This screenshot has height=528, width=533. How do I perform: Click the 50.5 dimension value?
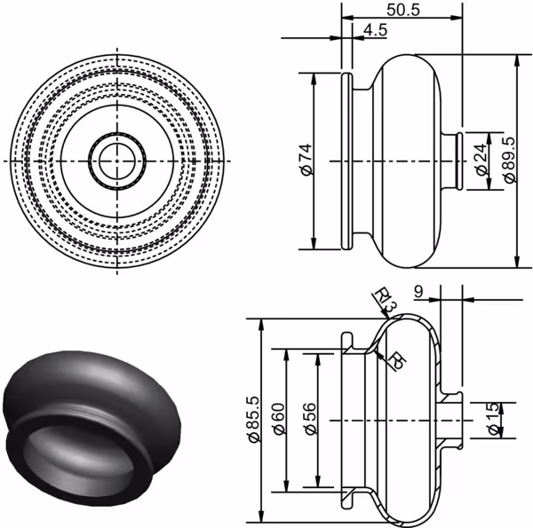coord(403,10)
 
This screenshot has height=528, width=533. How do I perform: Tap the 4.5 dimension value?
coord(375,30)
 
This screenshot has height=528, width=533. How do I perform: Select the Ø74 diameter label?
coord(306,159)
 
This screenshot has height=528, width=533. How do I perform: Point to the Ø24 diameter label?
coord(481,160)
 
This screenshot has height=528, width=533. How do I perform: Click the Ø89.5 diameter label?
coord(509,160)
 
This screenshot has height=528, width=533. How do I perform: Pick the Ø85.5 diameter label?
coord(254,420)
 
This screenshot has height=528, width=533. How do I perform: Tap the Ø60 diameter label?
coord(278,419)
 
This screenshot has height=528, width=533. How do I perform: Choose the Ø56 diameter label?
coord(310,419)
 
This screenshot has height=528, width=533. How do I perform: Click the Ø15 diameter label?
coord(494,419)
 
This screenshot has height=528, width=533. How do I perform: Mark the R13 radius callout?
coord(385,301)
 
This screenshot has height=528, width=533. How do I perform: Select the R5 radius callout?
coord(397,360)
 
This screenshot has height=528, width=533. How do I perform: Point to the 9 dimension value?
coord(418,291)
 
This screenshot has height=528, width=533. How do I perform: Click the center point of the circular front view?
coord(117,161)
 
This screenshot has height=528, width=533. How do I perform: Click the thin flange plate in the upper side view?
coord(346,162)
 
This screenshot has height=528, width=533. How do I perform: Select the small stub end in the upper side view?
coord(459,162)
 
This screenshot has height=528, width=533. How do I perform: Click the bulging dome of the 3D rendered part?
coord(91,381)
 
